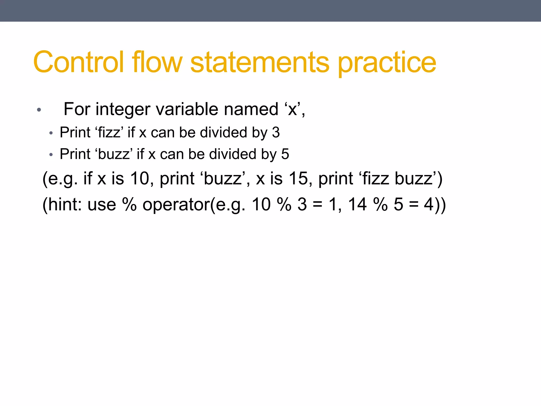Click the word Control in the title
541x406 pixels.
pos(78,62)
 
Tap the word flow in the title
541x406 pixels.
pos(157,62)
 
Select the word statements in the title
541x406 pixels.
pos(260,62)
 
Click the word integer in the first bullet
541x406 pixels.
pos(123,109)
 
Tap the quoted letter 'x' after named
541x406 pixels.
pos(292,109)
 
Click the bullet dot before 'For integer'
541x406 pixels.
pos(39,110)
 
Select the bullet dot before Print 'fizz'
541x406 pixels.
pos(51,133)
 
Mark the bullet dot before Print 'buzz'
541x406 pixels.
pos(51,155)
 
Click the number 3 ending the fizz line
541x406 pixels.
pos(276,132)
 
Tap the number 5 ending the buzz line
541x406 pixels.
pos(285,154)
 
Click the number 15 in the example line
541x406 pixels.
pos(299,178)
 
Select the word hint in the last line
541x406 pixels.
pos(63,204)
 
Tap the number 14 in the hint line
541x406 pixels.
pos(357,204)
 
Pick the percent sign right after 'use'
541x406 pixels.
pos(129,204)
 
